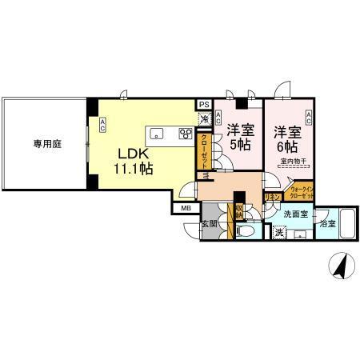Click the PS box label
tap(204, 105)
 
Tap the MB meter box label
tap(186, 210)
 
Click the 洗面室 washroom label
tap(295, 214)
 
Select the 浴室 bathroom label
tap(327, 226)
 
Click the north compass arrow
tap(339, 266)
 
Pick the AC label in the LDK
tap(103, 123)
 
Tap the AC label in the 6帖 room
tap(308, 120)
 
